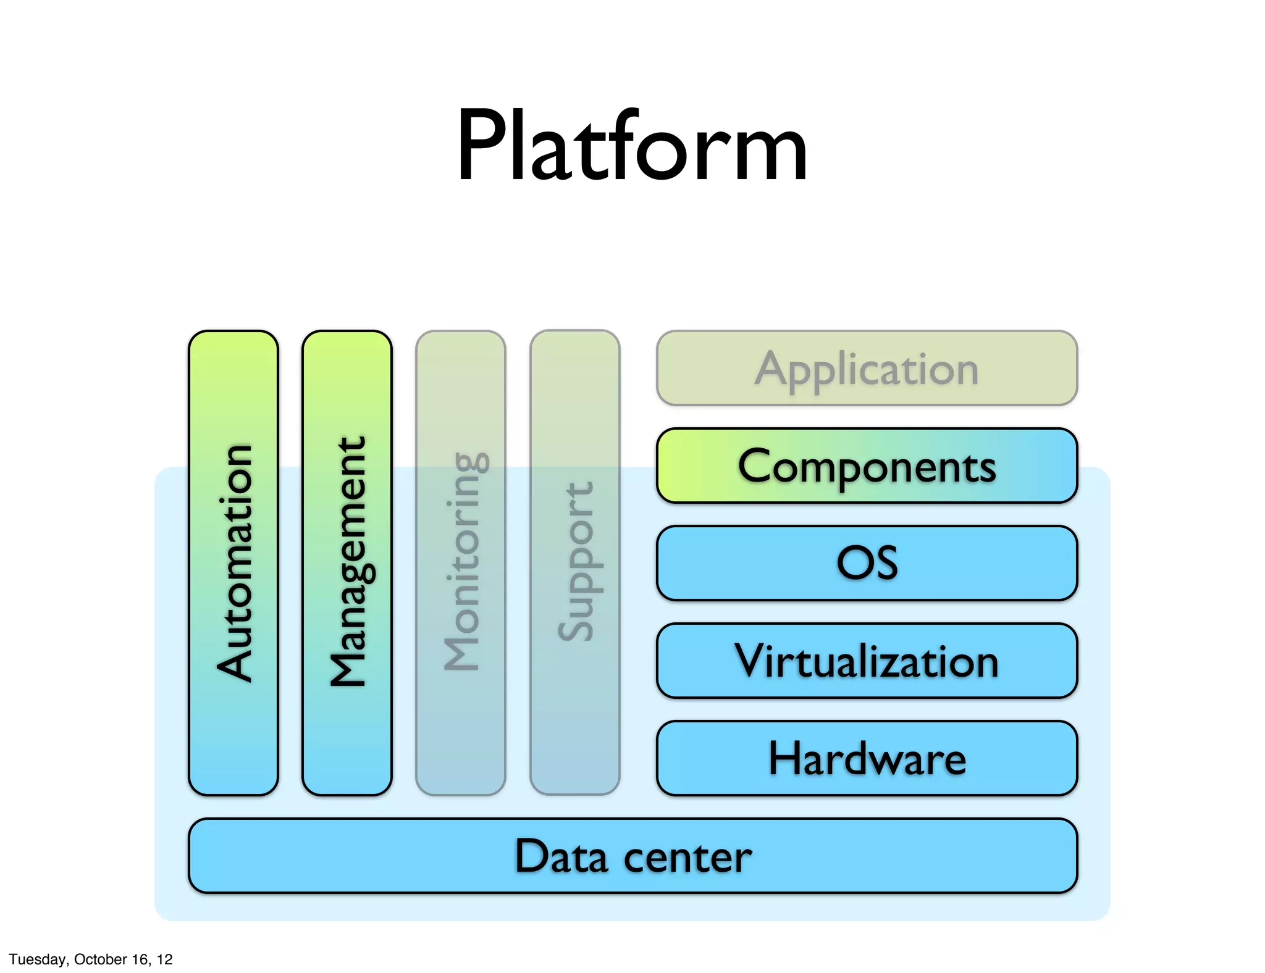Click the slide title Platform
click(632, 146)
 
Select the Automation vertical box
click(233, 562)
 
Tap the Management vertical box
click(347, 562)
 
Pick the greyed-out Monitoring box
click(461, 562)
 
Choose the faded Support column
click(574, 562)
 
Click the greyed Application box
click(867, 369)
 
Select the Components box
click(867, 466)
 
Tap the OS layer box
click(867, 562)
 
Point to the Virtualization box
click(867, 661)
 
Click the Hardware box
click(867, 758)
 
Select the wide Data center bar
click(632, 855)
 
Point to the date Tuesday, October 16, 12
click(91, 959)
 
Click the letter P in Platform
click(484, 146)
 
